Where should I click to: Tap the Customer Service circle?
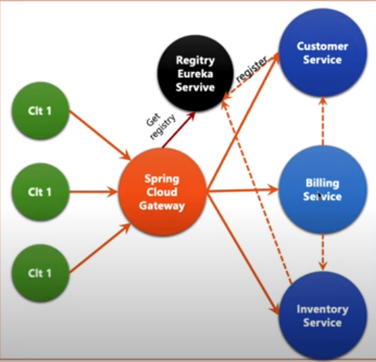pyautogui.click(x=322, y=53)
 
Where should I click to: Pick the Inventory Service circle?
pyautogui.click(x=322, y=316)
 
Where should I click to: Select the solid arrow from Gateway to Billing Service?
pyautogui.click(x=243, y=191)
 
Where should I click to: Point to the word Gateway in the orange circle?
pyautogui.click(x=163, y=206)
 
